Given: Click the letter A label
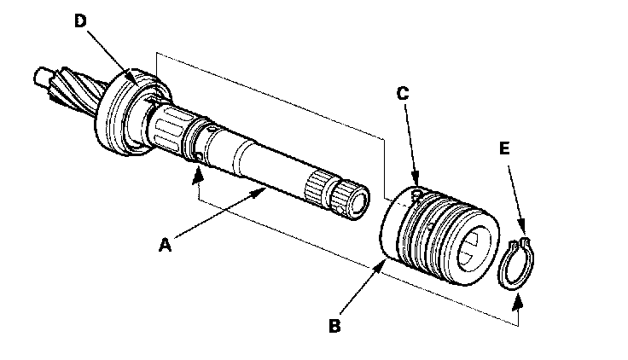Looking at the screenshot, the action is [165, 245].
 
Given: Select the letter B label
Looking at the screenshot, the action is [334, 326].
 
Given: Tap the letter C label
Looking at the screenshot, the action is [403, 93].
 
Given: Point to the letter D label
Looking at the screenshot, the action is [80, 20].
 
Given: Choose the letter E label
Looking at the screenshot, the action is [504, 148].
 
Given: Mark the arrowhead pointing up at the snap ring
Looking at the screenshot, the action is [517, 301].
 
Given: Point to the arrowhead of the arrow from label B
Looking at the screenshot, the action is [381, 266].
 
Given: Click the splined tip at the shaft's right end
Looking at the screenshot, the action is [352, 200].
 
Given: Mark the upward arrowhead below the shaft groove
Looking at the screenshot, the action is [196, 177].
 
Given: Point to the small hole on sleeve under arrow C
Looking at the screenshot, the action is [417, 195].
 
